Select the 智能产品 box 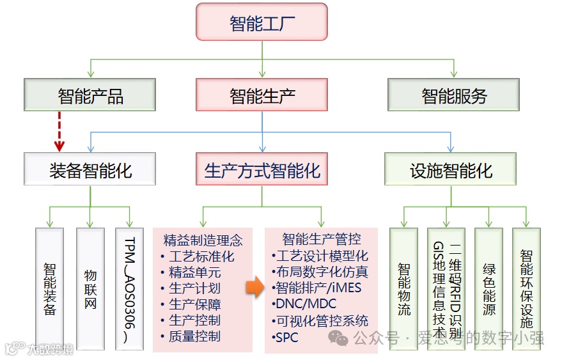coord(90,96)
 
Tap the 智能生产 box coord(262,96)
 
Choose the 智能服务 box coord(454,96)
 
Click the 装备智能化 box coord(90,170)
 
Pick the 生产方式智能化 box coord(262,170)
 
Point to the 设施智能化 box coord(451,170)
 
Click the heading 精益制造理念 coord(203,240)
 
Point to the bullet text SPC coord(286,336)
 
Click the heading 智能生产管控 coord(321,239)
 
